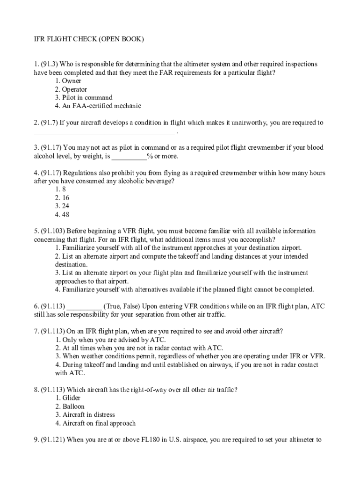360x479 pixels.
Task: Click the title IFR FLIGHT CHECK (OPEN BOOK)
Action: (88, 39)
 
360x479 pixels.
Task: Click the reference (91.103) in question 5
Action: (54, 231)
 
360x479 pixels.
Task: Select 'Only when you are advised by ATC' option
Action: (110, 340)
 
